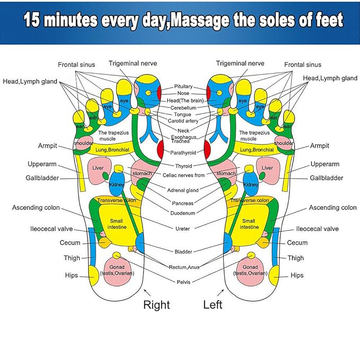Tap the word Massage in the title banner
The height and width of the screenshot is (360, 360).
(204, 21)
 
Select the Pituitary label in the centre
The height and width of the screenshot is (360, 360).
(183, 86)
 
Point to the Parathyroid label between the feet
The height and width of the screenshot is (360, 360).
(183, 152)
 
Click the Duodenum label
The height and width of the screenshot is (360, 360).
(183, 213)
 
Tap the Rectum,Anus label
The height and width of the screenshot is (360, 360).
(183, 267)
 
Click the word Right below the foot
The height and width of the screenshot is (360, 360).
(157, 304)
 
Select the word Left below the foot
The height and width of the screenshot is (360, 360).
(213, 304)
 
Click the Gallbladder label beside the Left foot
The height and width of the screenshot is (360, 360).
(326, 178)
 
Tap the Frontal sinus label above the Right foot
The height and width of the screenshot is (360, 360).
(76, 65)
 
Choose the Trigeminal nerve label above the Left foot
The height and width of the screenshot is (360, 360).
(240, 64)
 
